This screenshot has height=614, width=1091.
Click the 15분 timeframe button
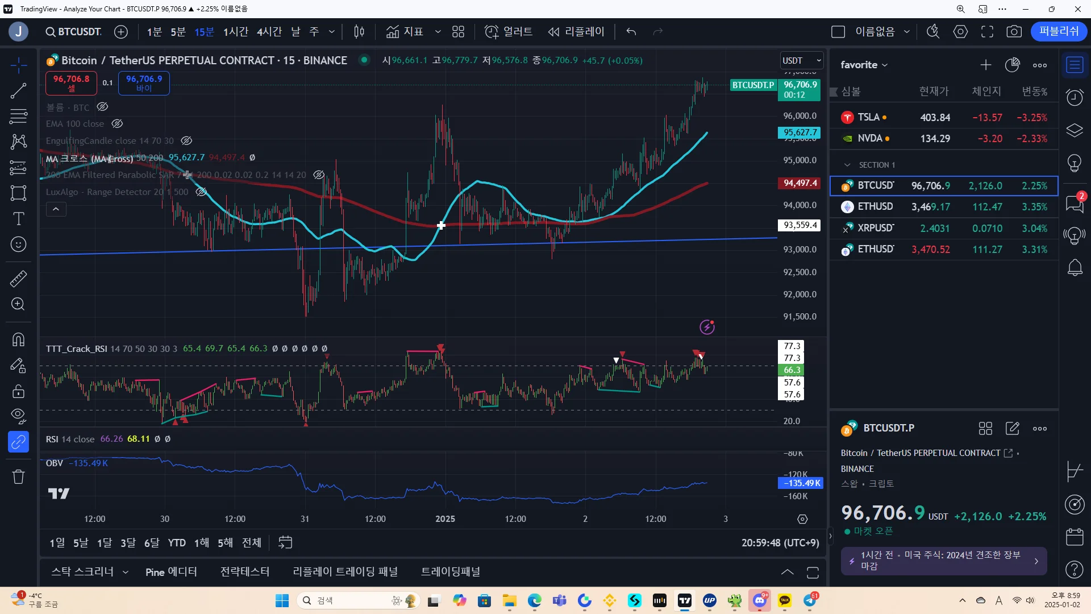(204, 32)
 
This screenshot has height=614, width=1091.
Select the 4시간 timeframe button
(269, 32)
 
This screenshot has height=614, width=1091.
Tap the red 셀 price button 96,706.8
(71, 83)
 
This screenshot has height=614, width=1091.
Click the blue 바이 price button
(144, 83)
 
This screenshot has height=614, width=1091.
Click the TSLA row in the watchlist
(943, 118)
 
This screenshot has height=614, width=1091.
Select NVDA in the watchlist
(943, 139)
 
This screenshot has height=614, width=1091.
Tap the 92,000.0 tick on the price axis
(799, 294)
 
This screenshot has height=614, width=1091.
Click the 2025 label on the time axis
(445, 519)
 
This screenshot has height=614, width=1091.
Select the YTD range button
(177, 543)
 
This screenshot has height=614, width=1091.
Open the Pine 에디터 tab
(171, 572)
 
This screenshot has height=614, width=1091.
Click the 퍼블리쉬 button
(1059, 32)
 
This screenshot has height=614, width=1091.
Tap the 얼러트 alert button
(509, 32)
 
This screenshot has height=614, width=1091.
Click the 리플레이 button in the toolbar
(576, 32)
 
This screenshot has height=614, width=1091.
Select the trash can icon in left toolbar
(18, 476)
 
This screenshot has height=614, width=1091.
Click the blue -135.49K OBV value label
(800, 483)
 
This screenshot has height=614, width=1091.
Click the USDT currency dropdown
(802, 61)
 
